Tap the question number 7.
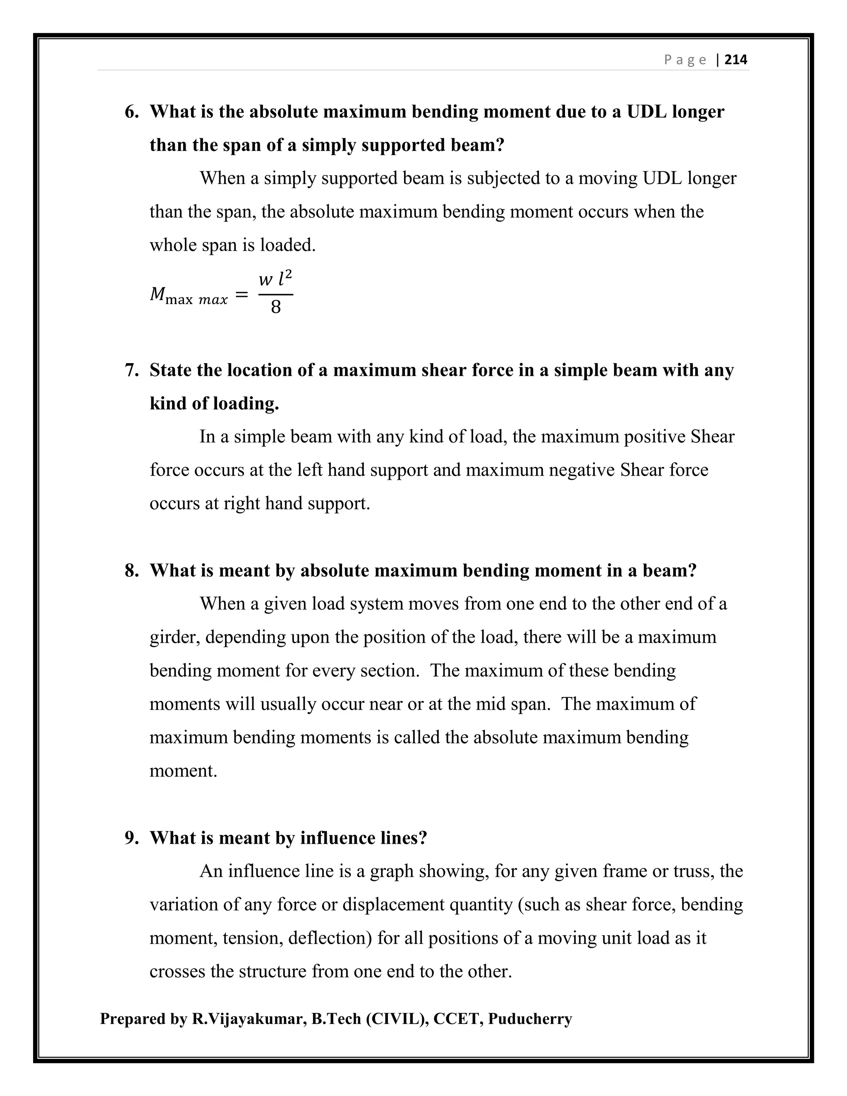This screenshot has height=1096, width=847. coord(132,370)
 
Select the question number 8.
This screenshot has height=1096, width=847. coord(132,571)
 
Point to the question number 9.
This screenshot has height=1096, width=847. coord(132,838)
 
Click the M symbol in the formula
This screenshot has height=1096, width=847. coord(158,294)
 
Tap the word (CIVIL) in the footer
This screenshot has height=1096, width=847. coord(397,1019)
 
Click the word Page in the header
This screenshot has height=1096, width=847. coord(685,60)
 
